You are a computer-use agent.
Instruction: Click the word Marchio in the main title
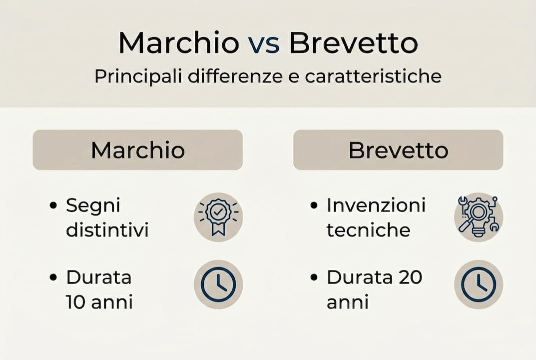(x=178, y=43)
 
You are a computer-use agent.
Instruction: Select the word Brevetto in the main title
(x=353, y=43)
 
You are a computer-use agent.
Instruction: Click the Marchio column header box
(x=137, y=150)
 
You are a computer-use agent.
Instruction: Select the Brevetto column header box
(x=398, y=150)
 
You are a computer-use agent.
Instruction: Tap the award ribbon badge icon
(x=218, y=217)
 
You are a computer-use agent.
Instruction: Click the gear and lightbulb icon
(x=478, y=217)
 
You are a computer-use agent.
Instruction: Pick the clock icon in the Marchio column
(x=218, y=284)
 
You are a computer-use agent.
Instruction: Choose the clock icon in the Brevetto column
(x=478, y=284)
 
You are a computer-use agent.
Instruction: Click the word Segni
(x=93, y=205)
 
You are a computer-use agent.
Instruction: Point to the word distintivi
(x=107, y=230)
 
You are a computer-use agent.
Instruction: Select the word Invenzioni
(x=376, y=205)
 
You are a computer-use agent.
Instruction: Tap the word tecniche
(x=368, y=230)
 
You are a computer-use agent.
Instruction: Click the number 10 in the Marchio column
(x=75, y=302)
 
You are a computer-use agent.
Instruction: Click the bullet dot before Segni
(x=53, y=205)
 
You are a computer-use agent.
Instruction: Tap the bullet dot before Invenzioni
(x=314, y=205)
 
